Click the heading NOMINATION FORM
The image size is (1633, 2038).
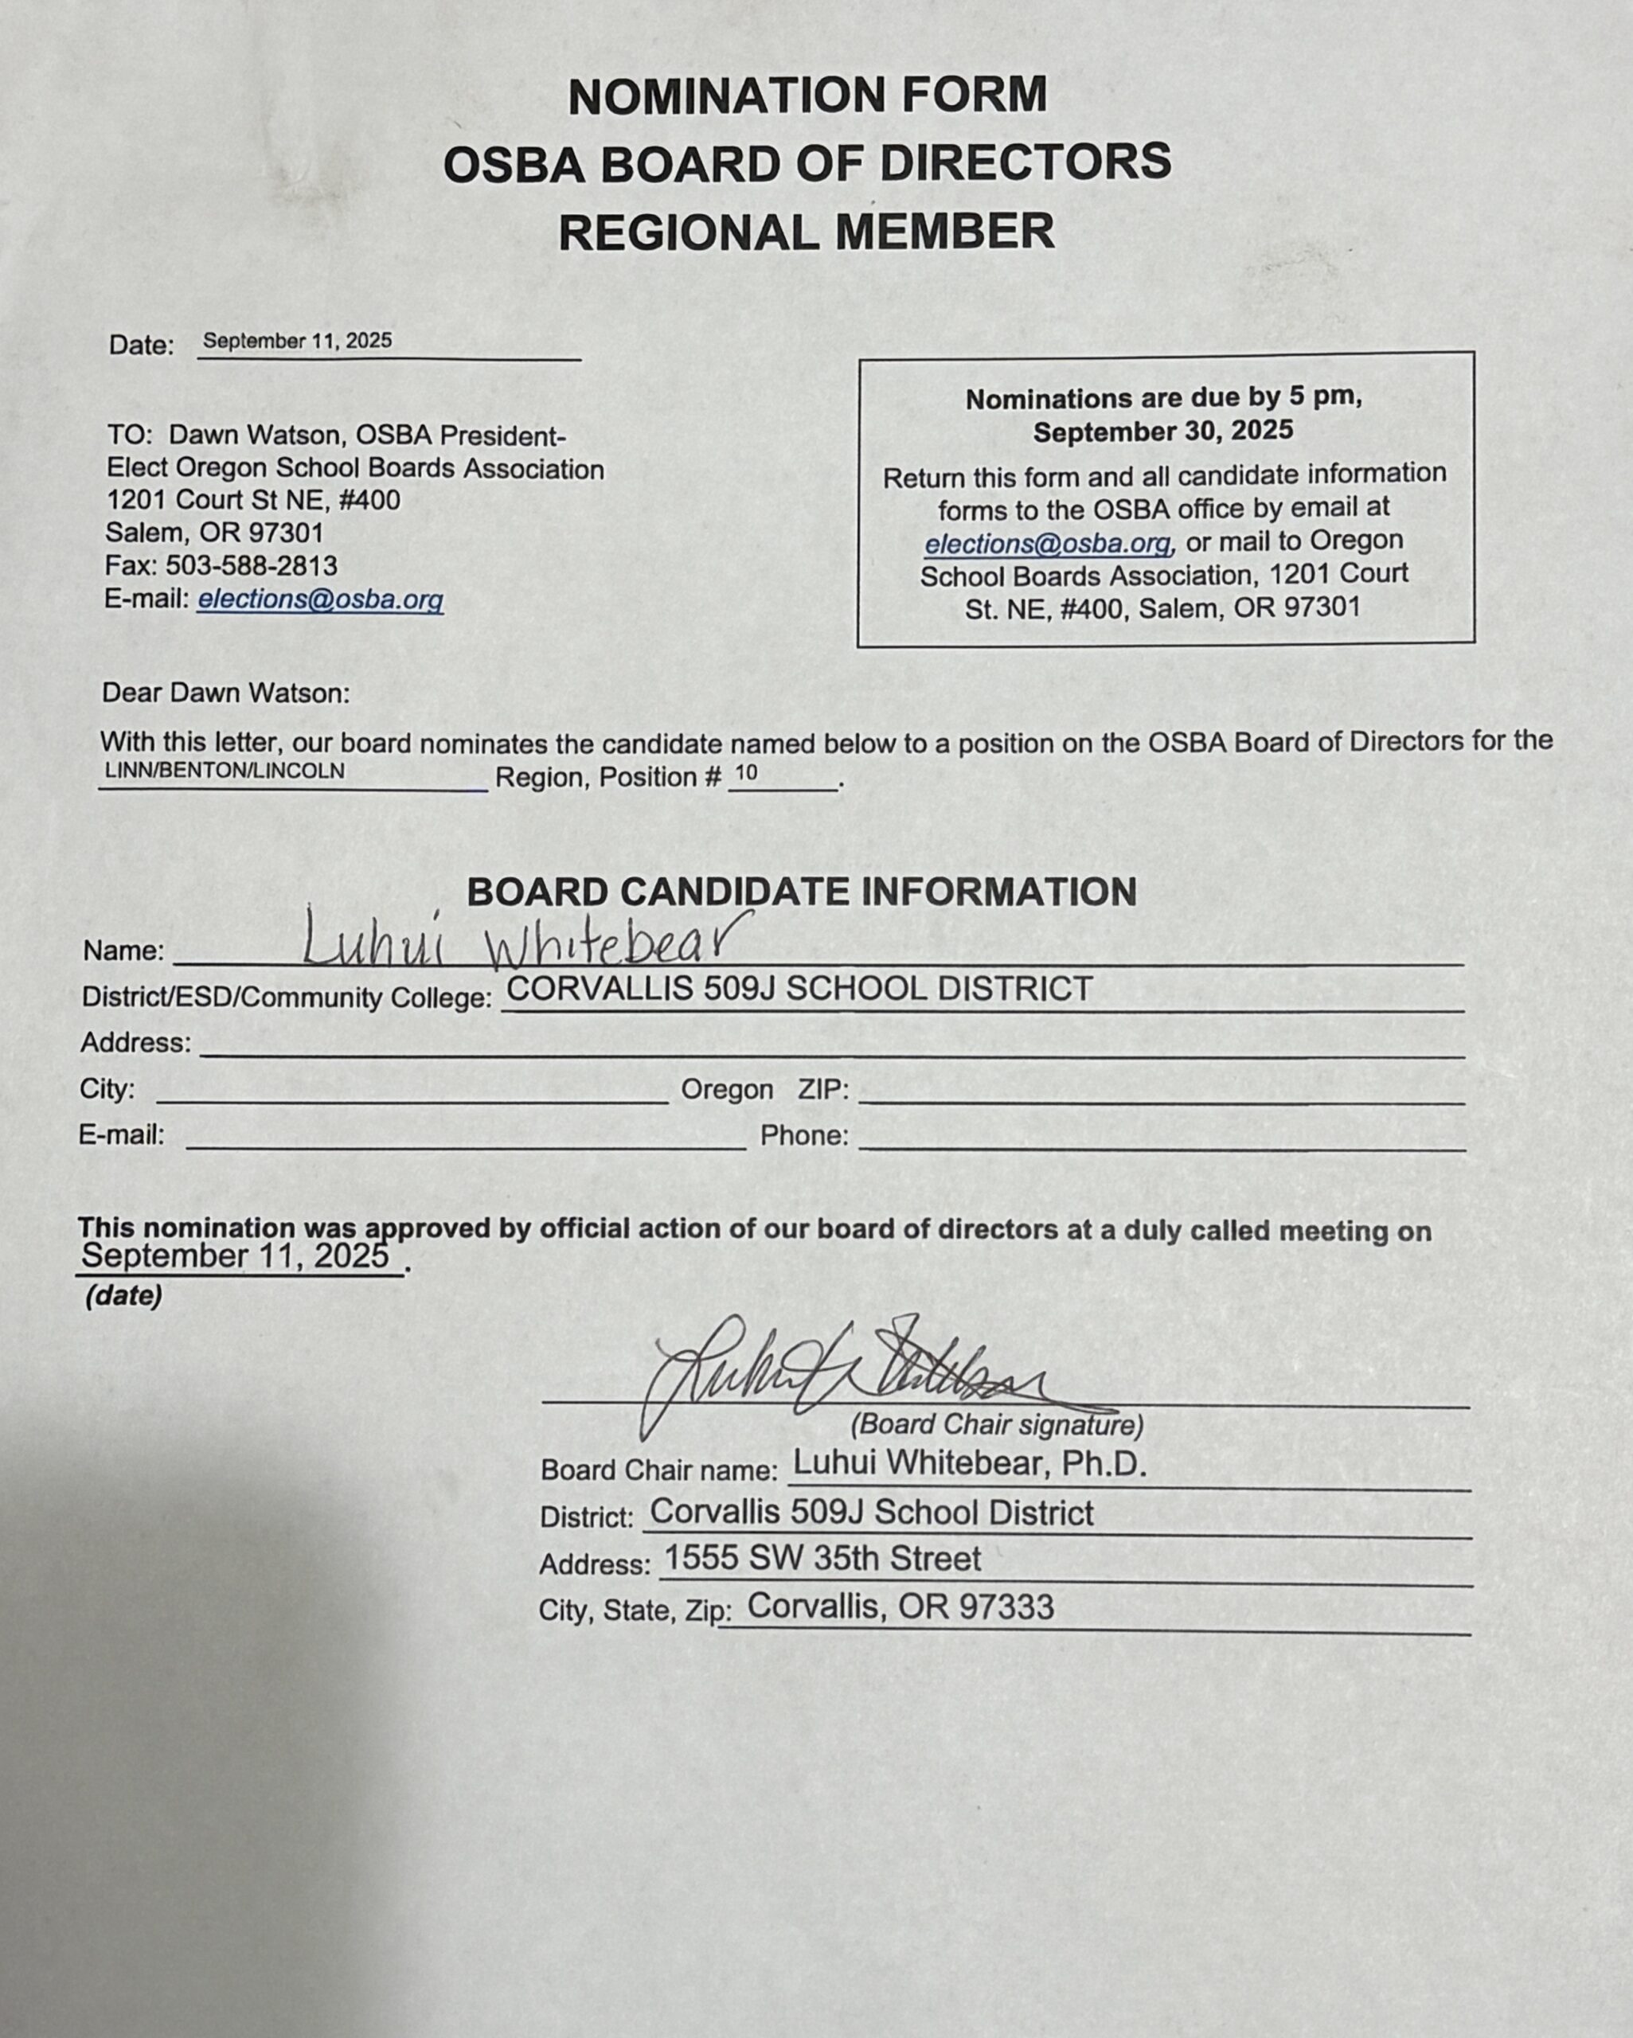(807, 96)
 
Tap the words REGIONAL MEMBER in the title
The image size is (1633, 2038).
(806, 232)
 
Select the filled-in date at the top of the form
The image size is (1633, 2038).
(297, 342)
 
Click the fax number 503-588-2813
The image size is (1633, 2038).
(252, 565)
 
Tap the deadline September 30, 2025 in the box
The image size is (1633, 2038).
(1162, 432)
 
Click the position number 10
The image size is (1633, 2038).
(746, 772)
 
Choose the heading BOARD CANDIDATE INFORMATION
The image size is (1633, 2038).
(802, 892)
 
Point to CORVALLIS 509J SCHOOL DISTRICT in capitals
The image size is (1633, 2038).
(800, 989)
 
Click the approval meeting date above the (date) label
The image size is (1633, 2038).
(236, 1256)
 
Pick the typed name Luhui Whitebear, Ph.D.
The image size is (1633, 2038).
(969, 1463)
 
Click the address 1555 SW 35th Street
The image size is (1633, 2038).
(822, 1559)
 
